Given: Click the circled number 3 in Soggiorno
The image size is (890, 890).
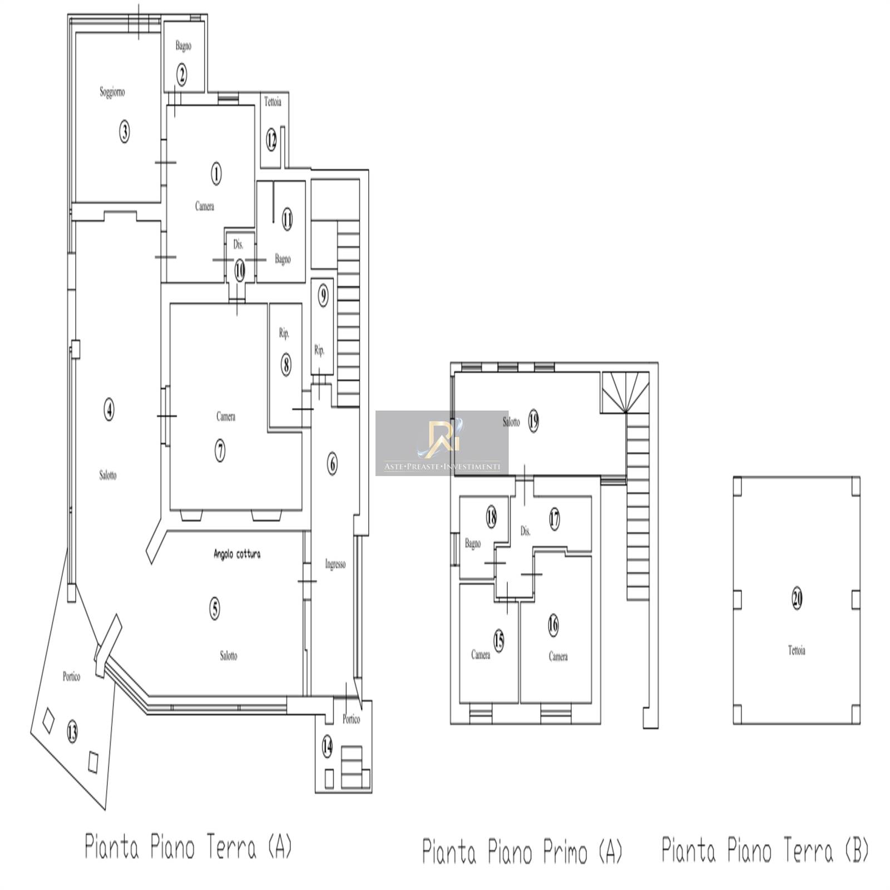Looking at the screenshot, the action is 125,132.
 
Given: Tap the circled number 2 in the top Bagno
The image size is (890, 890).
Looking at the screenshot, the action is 182,74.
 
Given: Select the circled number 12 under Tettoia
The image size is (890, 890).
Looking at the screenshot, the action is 271,140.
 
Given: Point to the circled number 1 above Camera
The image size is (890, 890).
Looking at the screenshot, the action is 216,174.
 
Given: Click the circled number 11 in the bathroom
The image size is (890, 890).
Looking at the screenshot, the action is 286,219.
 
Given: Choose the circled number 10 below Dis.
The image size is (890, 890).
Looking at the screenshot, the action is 239,271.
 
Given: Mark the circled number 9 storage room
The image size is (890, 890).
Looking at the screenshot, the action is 323,296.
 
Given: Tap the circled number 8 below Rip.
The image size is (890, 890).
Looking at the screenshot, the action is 285,365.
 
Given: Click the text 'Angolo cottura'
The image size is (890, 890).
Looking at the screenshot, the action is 237,554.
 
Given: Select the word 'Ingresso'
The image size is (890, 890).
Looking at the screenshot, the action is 335,564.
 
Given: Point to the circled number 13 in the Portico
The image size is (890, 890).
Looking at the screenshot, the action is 72,732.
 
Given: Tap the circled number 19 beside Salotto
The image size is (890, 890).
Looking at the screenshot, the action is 533,421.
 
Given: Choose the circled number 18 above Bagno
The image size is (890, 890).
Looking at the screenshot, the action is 491,517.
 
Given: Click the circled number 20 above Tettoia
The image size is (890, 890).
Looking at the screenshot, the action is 797,599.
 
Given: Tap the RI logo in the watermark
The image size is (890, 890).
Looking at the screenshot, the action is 442,438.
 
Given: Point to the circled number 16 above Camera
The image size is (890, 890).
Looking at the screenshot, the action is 553,625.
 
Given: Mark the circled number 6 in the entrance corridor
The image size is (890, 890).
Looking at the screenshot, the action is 333,463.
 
